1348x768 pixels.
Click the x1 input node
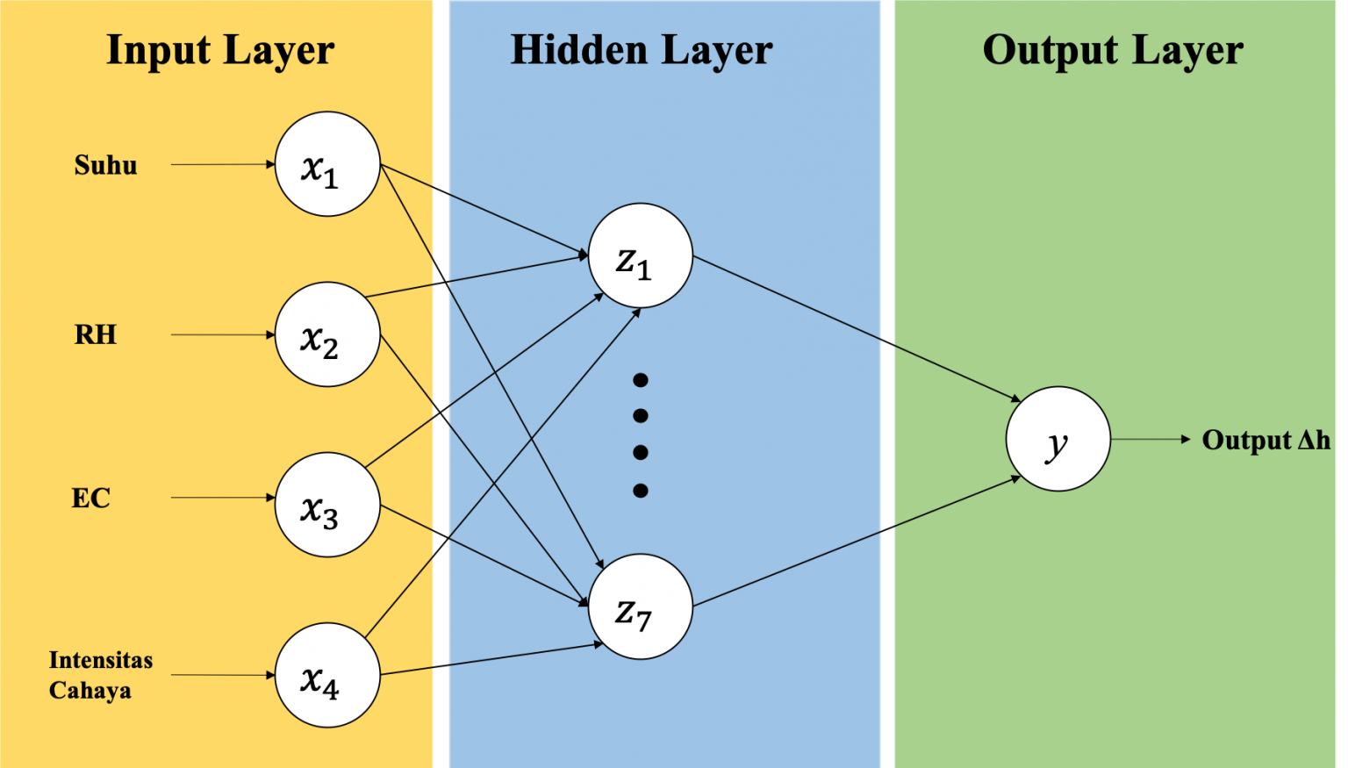click(327, 164)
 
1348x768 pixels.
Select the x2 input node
click(327, 334)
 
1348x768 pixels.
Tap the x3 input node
click(327, 505)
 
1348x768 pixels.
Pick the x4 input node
click(327, 675)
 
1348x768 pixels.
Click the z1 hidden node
click(640, 255)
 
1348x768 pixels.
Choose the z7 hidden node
click(640, 606)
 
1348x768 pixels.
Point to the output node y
click(1058, 439)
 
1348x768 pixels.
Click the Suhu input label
click(105, 165)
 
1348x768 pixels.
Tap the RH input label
click(95, 334)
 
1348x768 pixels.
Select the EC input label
click(90, 498)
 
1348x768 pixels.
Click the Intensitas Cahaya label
click(100, 675)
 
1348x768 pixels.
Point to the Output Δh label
click(1266, 440)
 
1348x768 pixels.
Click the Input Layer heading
click(220, 50)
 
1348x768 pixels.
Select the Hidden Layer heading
click(642, 50)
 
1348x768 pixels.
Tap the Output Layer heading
click(1113, 50)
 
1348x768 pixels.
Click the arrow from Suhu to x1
click(223, 164)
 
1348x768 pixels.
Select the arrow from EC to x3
click(223, 498)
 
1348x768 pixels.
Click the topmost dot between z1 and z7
click(641, 380)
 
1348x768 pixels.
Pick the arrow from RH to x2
click(223, 334)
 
